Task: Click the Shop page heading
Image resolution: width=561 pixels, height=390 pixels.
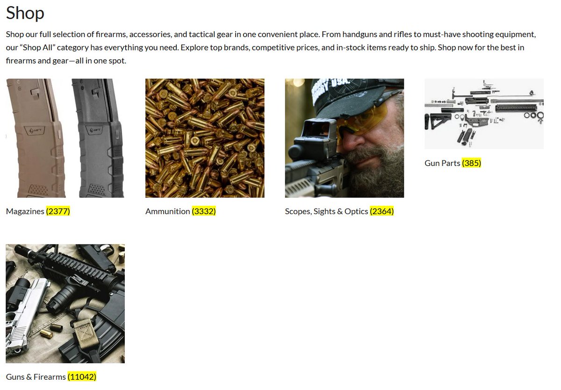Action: pyautogui.click(x=25, y=13)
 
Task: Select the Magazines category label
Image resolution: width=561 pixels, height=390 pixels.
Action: pyautogui.click(x=25, y=211)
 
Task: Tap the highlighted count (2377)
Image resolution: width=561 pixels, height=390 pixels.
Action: pyautogui.click(x=58, y=211)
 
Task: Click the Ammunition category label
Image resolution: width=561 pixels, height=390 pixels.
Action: pyautogui.click(x=167, y=211)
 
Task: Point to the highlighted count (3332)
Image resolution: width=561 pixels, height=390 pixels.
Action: pyautogui.click(x=204, y=211)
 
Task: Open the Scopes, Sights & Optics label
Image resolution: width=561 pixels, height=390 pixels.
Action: pyautogui.click(x=326, y=211)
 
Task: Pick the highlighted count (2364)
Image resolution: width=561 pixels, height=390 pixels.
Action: pyautogui.click(x=381, y=211)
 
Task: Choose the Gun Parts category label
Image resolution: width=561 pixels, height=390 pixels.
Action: pyautogui.click(x=442, y=163)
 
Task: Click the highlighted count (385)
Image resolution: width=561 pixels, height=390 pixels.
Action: pyautogui.click(x=471, y=163)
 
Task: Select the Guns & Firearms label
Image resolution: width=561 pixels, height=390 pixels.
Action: pyautogui.click(x=36, y=377)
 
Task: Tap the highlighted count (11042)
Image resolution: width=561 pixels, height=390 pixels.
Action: pyautogui.click(x=82, y=377)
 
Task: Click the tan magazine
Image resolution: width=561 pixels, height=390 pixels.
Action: pyautogui.click(x=37, y=138)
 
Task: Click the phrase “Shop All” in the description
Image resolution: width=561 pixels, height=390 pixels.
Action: pyautogui.click(x=37, y=48)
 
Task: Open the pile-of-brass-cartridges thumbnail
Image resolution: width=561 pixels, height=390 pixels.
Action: pyautogui.click(x=205, y=138)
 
